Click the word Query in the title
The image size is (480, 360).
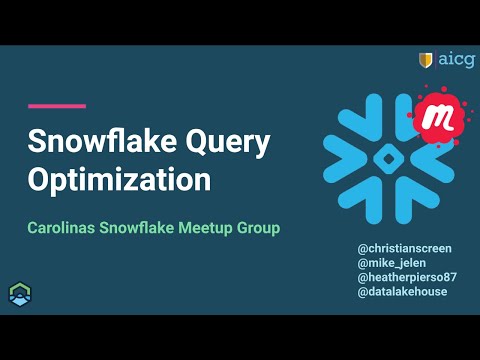pyautogui.click(x=228, y=144)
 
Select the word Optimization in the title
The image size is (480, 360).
pyautogui.click(x=119, y=182)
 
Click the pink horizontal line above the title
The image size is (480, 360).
pyautogui.click(x=57, y=106)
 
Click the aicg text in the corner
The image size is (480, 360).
pyautogui.click(x=456, y=60)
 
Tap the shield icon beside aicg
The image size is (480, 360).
pyautogui.click(x=426, y=60)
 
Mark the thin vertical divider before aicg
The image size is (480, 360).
pyautogui.click(x=437, y=60)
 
